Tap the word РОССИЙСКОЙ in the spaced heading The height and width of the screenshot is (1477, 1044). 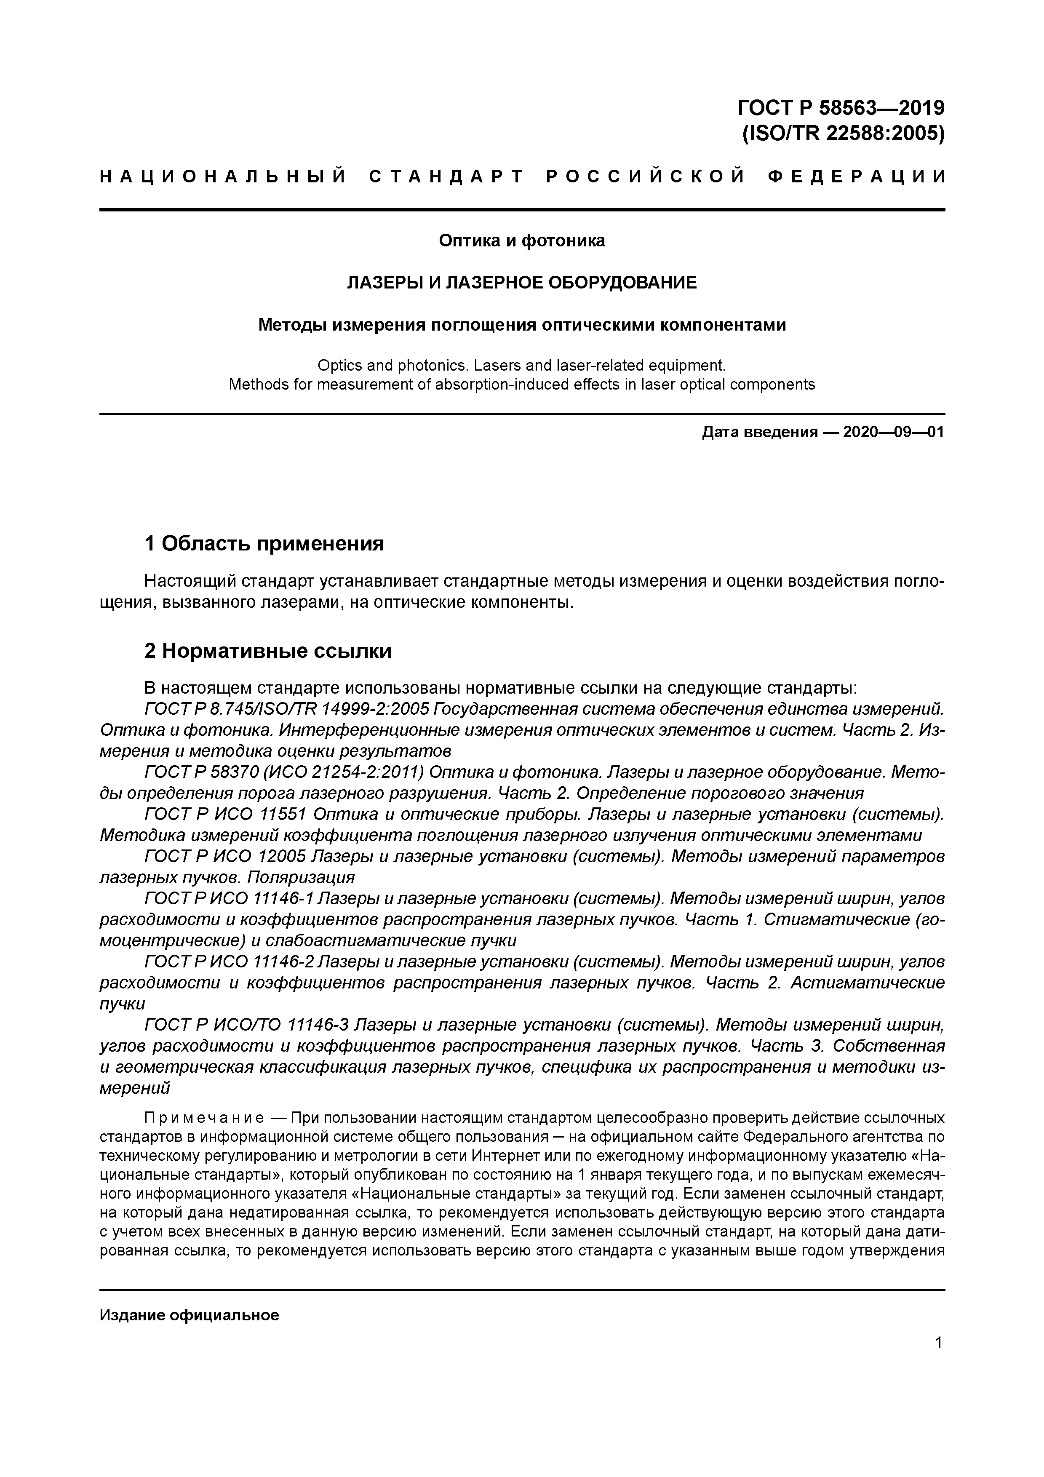[645, 177]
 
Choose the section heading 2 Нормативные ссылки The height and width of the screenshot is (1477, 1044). [267, 651]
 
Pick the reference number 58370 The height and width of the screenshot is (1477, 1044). [216, 772]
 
